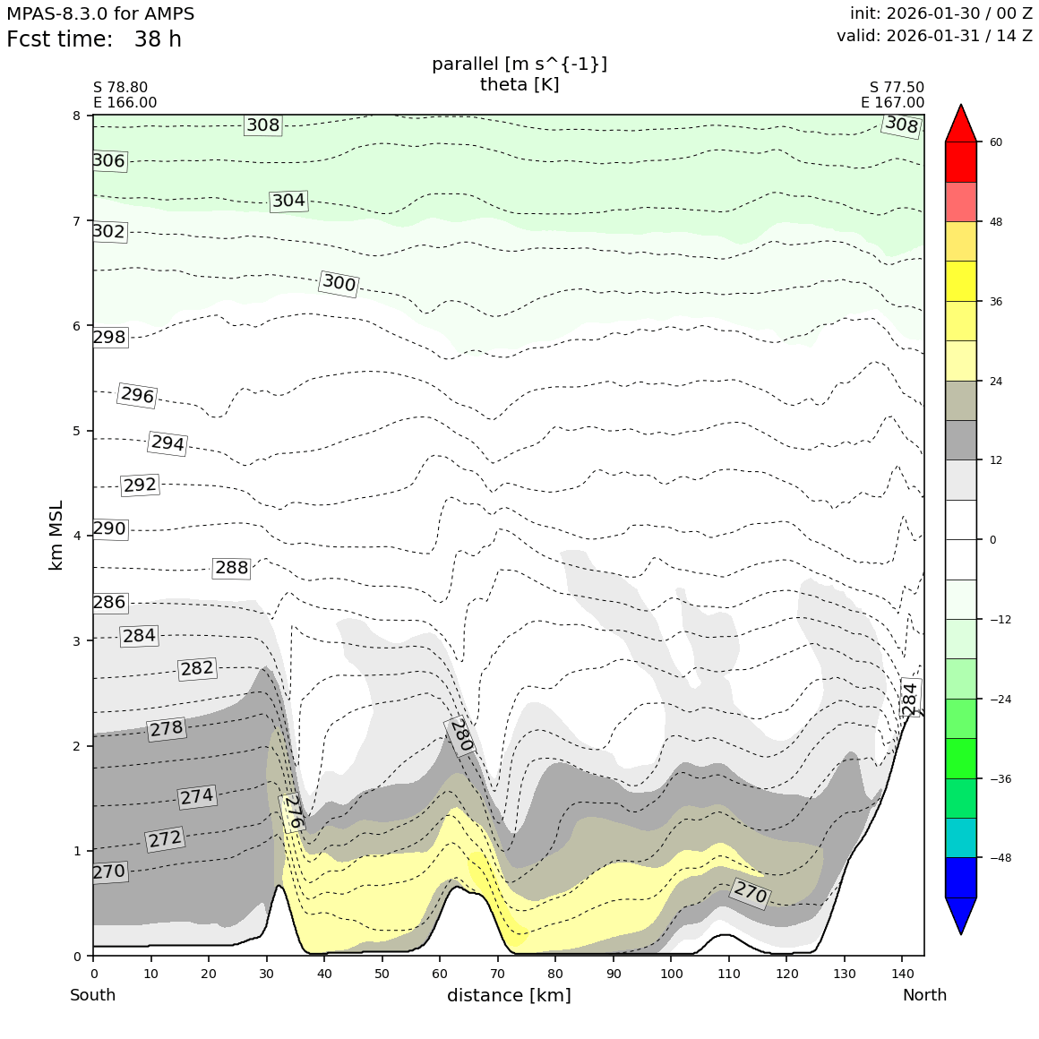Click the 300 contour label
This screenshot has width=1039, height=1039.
click(x=339, y=284)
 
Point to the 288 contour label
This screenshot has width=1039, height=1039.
click(x=231, y=568)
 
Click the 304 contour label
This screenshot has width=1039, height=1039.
click(x=288, y=201)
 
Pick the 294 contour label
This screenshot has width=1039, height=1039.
click(x=167, y=443)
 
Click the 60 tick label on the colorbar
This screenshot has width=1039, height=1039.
click(x=996, y=142)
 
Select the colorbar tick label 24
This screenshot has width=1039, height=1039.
click(x=996, y=381)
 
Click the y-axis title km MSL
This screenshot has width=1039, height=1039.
click(x=56, y=535)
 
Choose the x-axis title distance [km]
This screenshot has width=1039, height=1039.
click(x=509, y=995)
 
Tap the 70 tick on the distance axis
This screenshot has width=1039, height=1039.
click(x=497, y=974)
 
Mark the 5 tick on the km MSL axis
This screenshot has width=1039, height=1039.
click(x=76, y=431)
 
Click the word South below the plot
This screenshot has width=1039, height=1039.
click(x=93, y=995)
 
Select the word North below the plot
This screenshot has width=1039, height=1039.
click(x=924, y=995)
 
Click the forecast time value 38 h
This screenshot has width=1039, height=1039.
click(x=158, y=39)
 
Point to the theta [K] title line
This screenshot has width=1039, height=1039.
click(x=519, y=84)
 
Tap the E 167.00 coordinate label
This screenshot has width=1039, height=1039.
click(x=892, y=102)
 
